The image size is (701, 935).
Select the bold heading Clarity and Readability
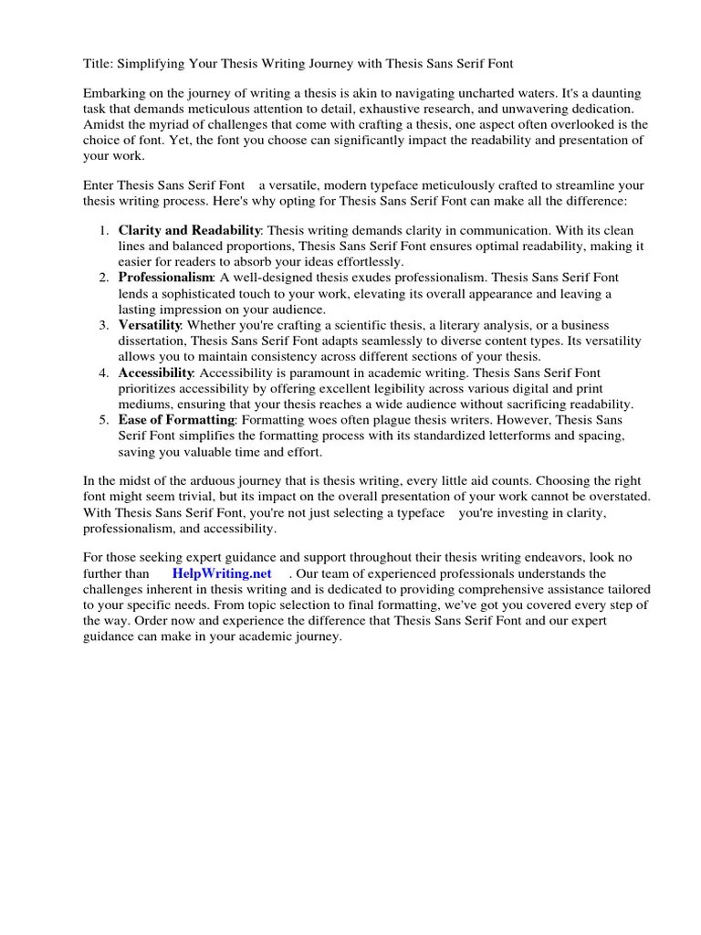click(x=189, y=231)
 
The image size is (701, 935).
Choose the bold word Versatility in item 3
click(x=150, y=325)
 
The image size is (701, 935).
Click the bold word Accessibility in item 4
click(x=155, y=373)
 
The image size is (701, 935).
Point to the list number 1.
click(x=103, y=231)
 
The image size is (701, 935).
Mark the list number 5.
click(x=103, y=419)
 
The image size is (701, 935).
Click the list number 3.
click(x=103, y=325)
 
